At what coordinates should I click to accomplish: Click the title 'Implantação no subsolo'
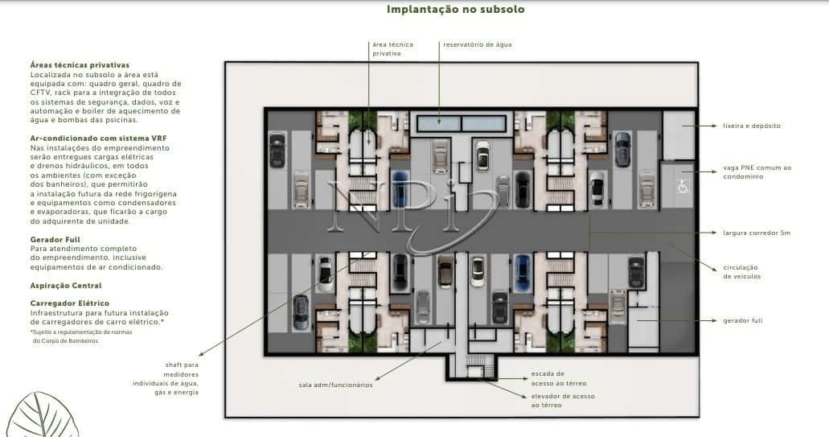[x=455, y=10]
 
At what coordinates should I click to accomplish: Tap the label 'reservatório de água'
[x=478, y=44]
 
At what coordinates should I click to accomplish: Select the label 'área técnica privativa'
[x=392, y=49]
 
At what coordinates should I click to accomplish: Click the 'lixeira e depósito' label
[x=752, y=126]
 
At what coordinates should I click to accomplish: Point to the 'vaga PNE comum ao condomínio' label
[x=757, y=172]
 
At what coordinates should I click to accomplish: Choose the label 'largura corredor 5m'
[x=757, y=233]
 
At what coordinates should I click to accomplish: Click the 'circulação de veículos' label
[x=741, y=272]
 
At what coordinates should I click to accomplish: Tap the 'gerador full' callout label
[x=743, y=321]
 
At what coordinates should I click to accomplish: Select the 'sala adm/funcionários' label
[x=335, y=385]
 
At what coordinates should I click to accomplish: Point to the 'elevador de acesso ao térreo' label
[x=562, y=401]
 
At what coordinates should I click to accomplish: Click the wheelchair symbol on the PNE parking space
[x=683, y=187]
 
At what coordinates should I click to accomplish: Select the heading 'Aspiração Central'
[x=66, y=286]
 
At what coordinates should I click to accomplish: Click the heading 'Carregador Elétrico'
[x=69, y=303]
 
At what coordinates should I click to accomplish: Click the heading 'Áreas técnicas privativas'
[x=80, y=64]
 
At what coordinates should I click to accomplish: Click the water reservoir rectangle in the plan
[x=462, y=125]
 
